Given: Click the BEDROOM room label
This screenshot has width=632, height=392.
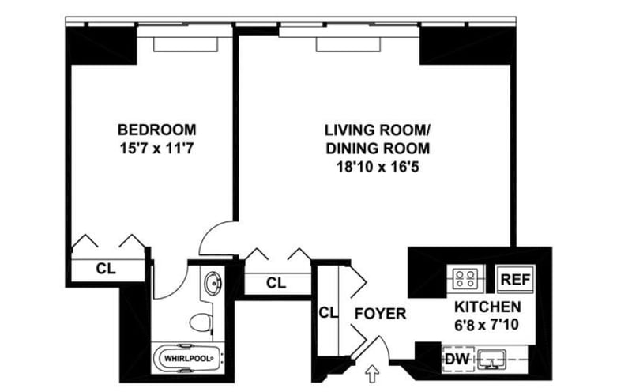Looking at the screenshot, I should (156, 129).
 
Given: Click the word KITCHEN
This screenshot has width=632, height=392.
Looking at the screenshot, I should (487, 307).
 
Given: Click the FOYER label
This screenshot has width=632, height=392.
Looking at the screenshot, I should (380, 314).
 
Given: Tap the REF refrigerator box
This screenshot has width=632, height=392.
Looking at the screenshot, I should (514, 279).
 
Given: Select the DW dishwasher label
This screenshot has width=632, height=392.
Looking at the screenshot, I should (455, 358).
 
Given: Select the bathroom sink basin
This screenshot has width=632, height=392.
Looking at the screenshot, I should (213, 283).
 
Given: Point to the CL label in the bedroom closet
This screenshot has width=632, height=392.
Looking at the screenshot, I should (106, 269).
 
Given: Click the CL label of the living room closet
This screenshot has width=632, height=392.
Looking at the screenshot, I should (275, 282).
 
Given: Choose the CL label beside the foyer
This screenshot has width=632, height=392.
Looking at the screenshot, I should (328, 313).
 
